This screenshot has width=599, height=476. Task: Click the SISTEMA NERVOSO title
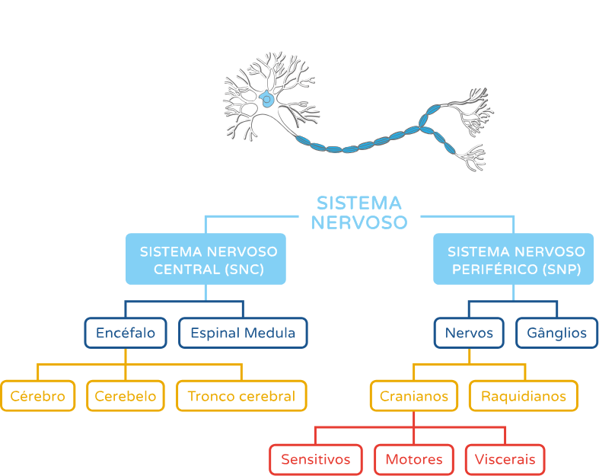(x=358, y=212)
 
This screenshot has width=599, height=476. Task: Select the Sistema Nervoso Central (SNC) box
(x=206, y=260)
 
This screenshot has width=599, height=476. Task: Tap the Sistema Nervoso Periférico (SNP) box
(x=513, y=260)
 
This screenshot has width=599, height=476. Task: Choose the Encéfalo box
(x=126, y=333)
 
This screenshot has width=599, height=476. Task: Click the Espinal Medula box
(x=243, y=333)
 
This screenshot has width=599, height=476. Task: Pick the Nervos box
(x=469, y=333)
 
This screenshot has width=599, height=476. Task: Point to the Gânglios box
(x=556, y=333)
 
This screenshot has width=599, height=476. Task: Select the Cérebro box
(x=38, y=396)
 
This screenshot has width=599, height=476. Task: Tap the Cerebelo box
(x=126, y=396)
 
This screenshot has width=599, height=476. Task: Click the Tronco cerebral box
(x=241, y=396)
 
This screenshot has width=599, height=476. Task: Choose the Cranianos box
(x=414, y=396)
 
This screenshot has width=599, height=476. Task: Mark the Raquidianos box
(x=523, y=396)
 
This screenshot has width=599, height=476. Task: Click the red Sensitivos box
(x=315, y=459)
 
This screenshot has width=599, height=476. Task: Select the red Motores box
(x=413, y=459)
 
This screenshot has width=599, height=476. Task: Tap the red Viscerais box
(x=505, y=459)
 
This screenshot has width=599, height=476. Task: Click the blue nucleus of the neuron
(x=267, y=99)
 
